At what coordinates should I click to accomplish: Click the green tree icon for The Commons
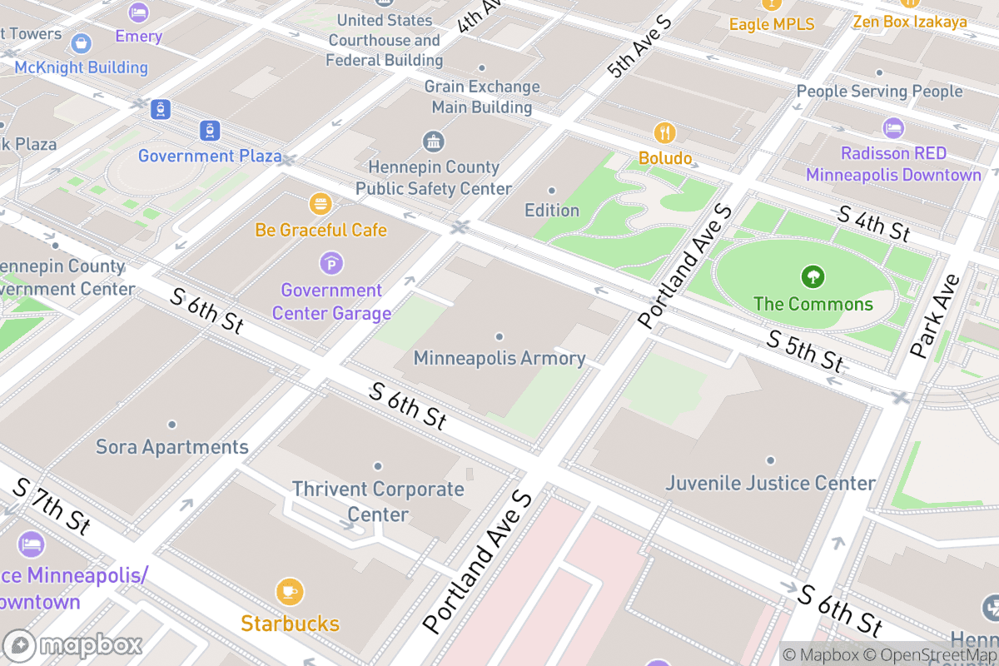(812, 276)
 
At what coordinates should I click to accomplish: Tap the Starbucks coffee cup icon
(289, 592)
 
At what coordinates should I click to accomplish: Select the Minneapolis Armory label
(499, 359)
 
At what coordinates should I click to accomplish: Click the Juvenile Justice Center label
(770, 483)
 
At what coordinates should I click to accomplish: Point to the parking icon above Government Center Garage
(331, 264)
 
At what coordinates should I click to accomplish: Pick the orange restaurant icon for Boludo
(664, 132)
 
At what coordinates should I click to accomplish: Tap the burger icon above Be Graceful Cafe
(321, 203)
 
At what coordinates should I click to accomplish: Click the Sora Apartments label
(172, 447)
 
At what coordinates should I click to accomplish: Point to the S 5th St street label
(805, 350)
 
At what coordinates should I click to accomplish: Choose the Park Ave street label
(936, 316)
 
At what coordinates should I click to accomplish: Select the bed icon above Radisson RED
(892, 128)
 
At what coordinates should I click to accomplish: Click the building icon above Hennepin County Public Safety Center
(433, 142)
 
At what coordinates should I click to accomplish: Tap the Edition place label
(552, 210)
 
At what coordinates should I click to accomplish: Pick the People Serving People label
(879, 92)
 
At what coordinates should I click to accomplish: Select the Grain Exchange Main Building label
(482, 97)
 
